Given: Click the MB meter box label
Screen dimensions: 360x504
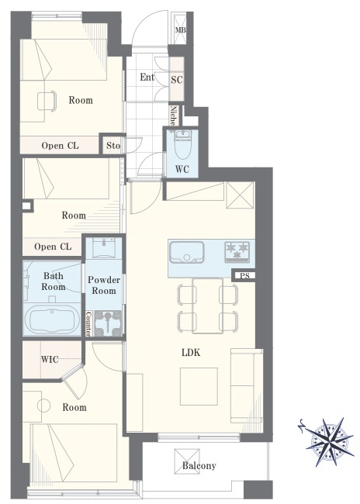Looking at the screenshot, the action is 181,30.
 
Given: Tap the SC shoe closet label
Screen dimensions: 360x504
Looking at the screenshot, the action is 177,79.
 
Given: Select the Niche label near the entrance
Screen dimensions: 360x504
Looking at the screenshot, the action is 173,116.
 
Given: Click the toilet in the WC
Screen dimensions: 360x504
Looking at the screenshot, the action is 182,144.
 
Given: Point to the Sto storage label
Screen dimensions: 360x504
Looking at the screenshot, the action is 113,146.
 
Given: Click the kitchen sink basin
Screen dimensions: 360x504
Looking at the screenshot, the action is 187,252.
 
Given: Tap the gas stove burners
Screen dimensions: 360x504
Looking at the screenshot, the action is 237,250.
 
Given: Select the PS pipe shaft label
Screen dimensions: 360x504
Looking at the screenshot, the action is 244,276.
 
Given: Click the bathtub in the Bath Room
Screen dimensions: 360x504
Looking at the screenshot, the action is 52,319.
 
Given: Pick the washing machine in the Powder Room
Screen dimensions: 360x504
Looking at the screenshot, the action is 108,323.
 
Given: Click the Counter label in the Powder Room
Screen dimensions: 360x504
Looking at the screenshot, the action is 88,323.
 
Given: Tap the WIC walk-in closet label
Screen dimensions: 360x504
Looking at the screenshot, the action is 50,359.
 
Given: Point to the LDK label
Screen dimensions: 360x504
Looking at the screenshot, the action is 191,353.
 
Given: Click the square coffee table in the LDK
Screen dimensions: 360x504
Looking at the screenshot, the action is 199,387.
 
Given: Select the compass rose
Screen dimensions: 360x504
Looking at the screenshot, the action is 330,440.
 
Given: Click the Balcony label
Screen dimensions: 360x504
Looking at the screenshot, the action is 199,466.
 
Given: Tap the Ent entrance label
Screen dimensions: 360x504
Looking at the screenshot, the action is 147,77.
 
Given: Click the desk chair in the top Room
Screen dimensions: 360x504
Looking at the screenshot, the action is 47,102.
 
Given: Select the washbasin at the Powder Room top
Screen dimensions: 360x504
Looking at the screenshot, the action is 103,247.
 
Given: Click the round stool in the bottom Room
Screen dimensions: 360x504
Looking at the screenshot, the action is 43,406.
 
